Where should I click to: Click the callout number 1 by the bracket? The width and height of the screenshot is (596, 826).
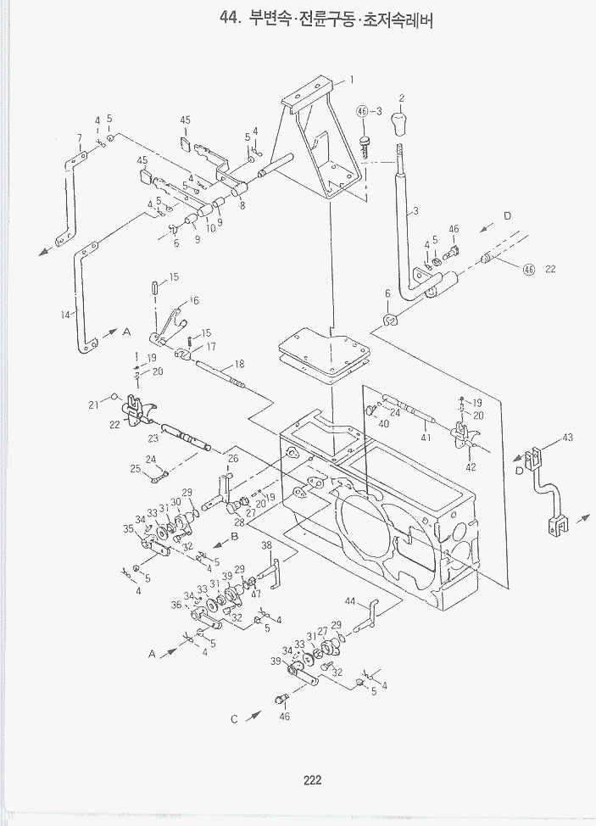pyautogui.click(x=350, y=81)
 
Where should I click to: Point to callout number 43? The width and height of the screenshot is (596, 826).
pyautogui.click(x=567, y=438)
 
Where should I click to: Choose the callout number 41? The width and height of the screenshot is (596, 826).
pyautogui.click(x=426, y=438)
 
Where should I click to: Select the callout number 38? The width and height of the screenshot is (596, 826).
pyautogui.click(x=266, y=545)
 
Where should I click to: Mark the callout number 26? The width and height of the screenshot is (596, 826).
pyautogui.click(x=233, y=459)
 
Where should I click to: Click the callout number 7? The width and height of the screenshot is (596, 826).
pyautogui.click(x=79, y=137)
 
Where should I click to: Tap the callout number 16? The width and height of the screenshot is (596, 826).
pyautogui.click(x=194, y=300)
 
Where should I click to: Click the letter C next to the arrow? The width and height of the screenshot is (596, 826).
pyautogui.click(x=234, y=719)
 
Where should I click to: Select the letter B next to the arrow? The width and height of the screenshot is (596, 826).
pyautogui.click(x=235, y=537)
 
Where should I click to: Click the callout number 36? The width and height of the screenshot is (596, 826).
pyautogui.click(x=175, y=605)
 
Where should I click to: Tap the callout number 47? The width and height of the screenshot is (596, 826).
pyautogui.click(x=255, y=593)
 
